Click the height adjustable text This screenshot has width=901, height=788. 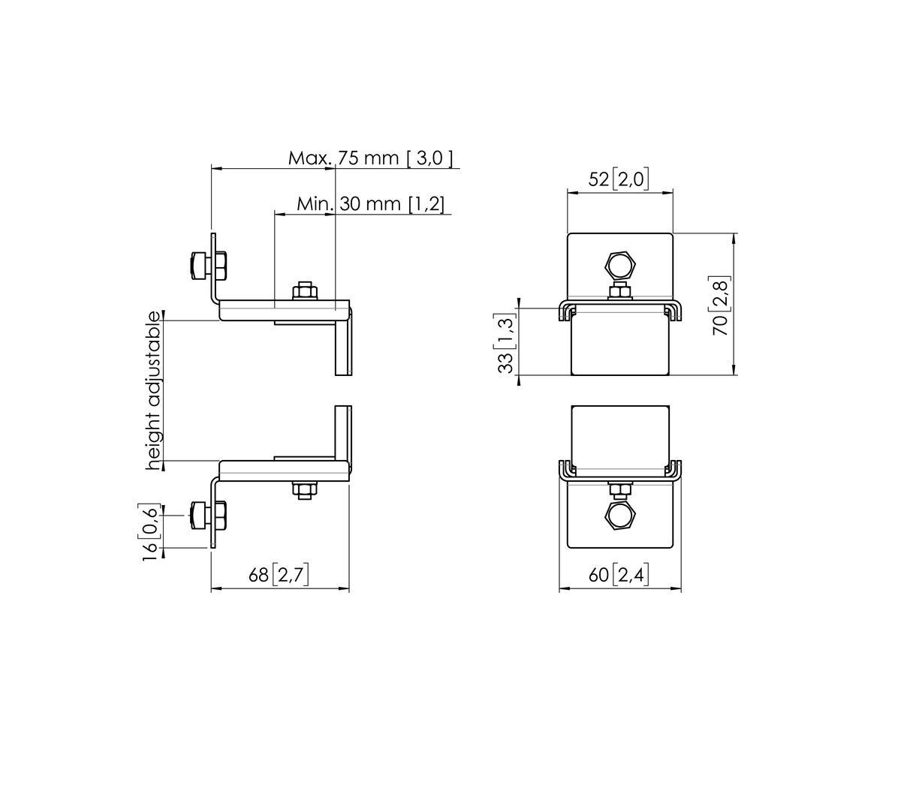154,390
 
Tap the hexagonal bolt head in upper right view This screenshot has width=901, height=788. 621,266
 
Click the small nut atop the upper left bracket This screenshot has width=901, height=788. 304,290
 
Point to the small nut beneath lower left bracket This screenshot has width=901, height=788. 304,490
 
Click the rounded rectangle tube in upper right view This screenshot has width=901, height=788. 620,345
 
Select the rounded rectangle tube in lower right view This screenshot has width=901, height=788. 620,439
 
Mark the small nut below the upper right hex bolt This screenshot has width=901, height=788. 620,291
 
